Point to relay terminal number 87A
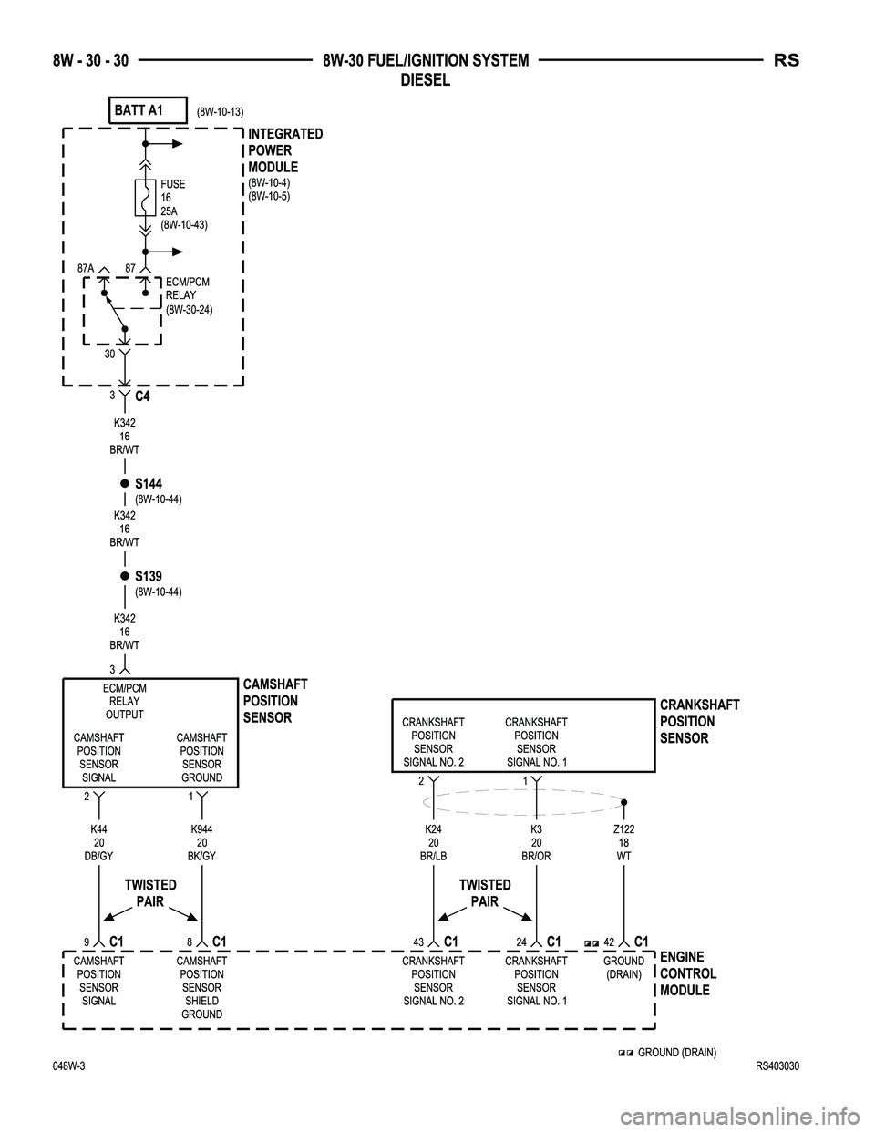click(87, 268)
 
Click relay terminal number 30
click(108, 355)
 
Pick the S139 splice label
click(149, 576)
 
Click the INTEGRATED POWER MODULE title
click(284, 150)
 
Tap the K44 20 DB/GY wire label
click(98, 843)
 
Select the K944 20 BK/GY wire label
click(201, 843)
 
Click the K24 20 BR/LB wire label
click(433, 843)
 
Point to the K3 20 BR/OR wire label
click(536, 843)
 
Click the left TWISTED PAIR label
click(150, 893)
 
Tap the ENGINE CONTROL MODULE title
click(688, 973)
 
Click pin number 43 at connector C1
click(418, 942)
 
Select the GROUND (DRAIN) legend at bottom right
click(675, 1053)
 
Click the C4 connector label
click(142, 397)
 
